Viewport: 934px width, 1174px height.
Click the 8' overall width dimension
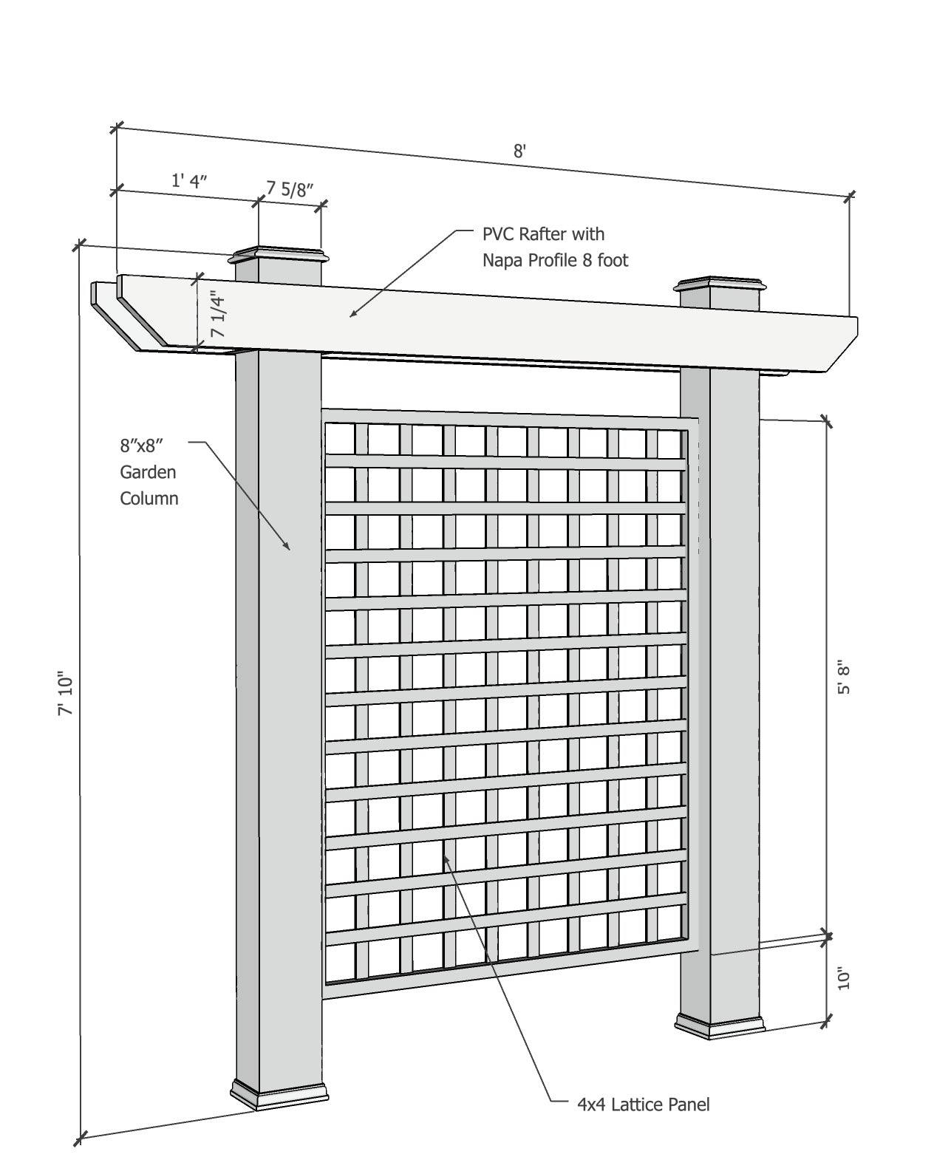tap(519, 151)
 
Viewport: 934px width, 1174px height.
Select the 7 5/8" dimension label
tap(290, 189)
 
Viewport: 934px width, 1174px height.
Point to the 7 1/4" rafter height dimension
tap(218, 314)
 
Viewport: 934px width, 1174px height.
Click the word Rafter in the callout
tap(539, 234)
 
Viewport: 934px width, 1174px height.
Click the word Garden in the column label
tap(148, 471)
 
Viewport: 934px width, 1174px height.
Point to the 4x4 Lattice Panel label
tap(643, 1105)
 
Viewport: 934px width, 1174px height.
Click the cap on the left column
tap(279, 256)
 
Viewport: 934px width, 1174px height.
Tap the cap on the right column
tap(721, 285)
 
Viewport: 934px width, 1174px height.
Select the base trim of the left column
tap(279, 1094)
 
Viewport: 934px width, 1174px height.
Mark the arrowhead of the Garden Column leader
tap(288, 547)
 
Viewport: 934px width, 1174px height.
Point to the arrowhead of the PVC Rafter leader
tap(352, 315)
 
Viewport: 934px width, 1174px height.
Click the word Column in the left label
tap(149, 498)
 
